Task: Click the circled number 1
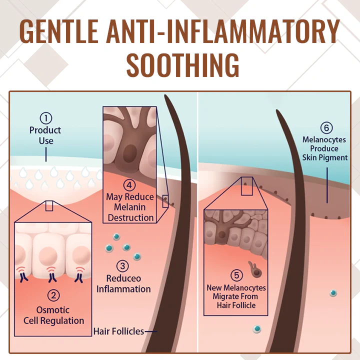[x=46, y=118]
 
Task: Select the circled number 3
[x=123, y=266]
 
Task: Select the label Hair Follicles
[x=118, y=331]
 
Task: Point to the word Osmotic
[x=53, y=310]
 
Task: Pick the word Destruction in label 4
[x=131, y=217]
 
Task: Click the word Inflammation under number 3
[x=123, y=289]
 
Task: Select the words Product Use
[x=45, y=135]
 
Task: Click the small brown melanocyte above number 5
[x=256, y=270]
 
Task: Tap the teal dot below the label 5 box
[x=257, y=328]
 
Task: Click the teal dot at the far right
[x=333, y=292]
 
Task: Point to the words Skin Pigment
[x=325, y=157]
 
